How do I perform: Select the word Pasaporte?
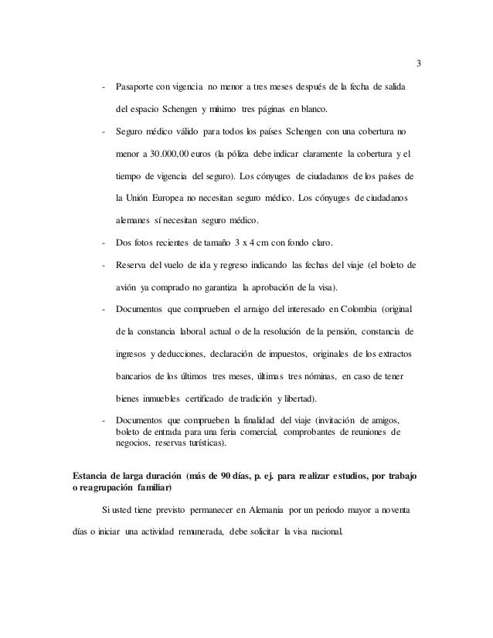coord(136,84)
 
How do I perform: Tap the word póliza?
coord(238,153)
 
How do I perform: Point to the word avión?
coord(127,287)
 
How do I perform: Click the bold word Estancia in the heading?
coord(90,474)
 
